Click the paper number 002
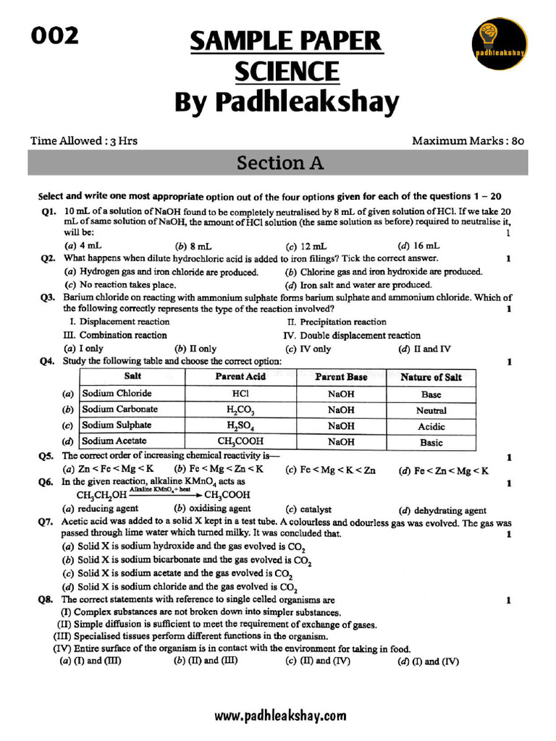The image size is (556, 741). pyautogui.click(x=54, y=35)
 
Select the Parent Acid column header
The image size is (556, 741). pyautogui.click(x=240, y=376)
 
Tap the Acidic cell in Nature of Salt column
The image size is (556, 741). pyautogui.click(x=431, y=426)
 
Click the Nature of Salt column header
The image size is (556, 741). pyautogui.click(x=431, y=377)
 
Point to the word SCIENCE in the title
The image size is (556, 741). pyautogui.click(x=286, y=72)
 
